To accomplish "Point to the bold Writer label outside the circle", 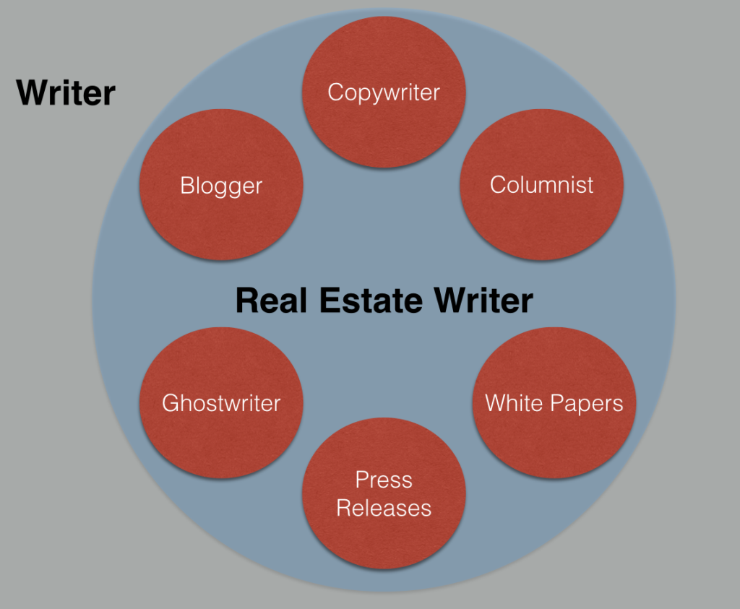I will (x=66, y=93).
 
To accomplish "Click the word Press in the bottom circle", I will (x=384, y=480).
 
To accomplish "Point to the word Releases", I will (x=384, y=508).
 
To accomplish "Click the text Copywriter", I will (x=384, y=92).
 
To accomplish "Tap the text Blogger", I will (x=221, y=186).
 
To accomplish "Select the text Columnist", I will (x=542, y=184).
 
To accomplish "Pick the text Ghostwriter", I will (x=221, y=402).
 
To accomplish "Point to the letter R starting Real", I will (x=247, y=301).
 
